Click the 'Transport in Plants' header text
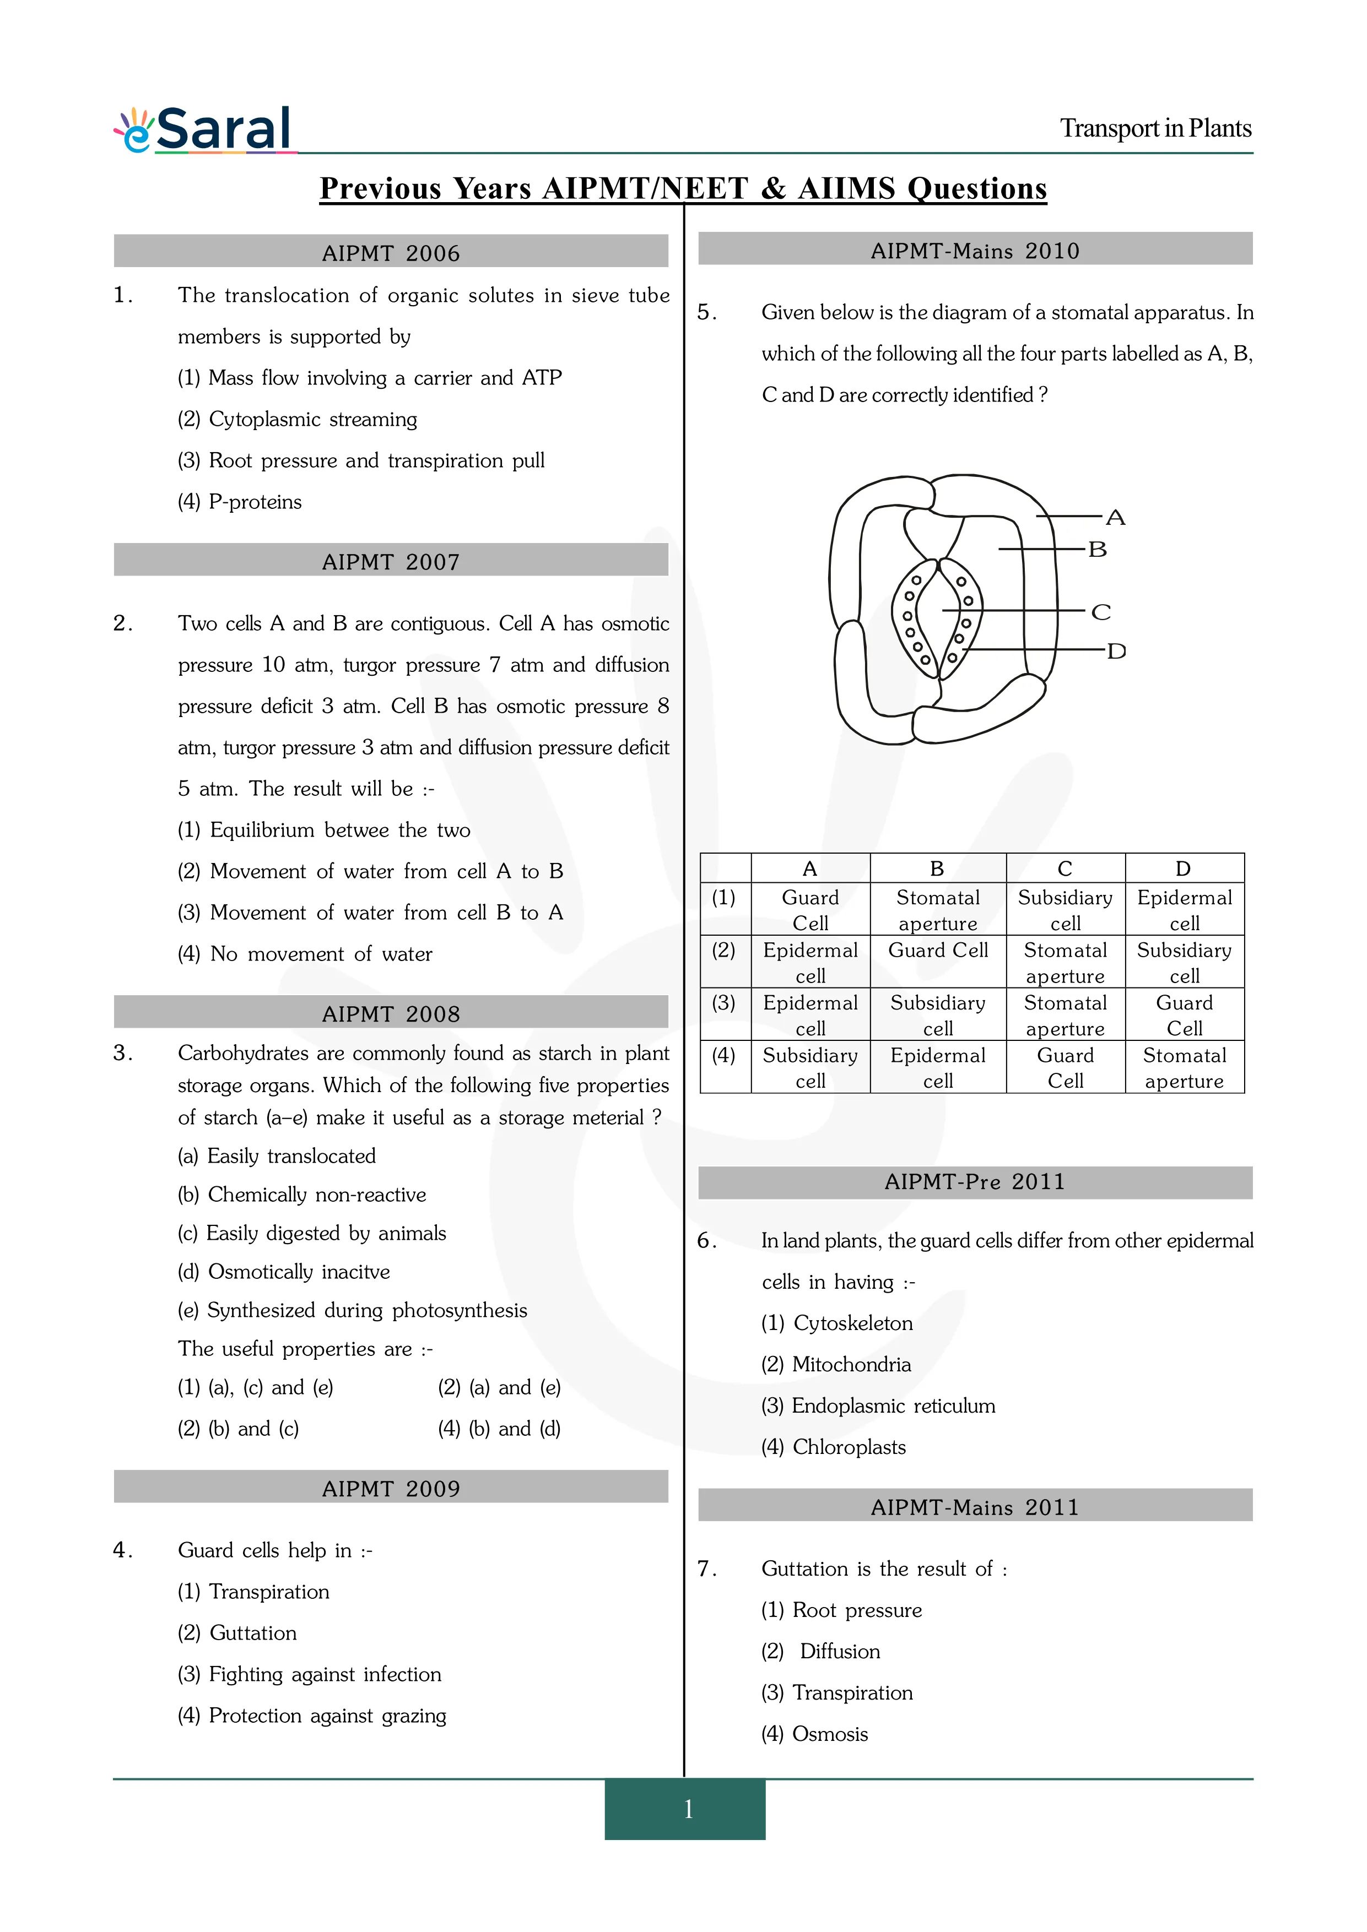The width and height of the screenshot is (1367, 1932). pos(1155,129)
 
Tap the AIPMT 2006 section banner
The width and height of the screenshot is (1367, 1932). pos(391,252)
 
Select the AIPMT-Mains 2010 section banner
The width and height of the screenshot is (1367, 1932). pos(975,250)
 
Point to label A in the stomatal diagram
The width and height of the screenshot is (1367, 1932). pos(1115,518)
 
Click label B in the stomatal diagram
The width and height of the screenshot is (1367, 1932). pos(1097,550)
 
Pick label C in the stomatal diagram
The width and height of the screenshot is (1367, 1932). pos(1100,612)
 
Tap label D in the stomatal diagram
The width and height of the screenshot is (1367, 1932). pos(1116,650)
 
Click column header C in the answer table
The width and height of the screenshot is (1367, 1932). pos(1065,869)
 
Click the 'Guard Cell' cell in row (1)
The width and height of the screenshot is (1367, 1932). pos(810,910)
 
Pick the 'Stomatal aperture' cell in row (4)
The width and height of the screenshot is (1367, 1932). pos(1184,1068)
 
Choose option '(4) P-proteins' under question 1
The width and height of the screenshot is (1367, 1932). pos(240,502)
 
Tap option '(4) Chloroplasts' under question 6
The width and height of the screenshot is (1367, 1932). pos(833,1447)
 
